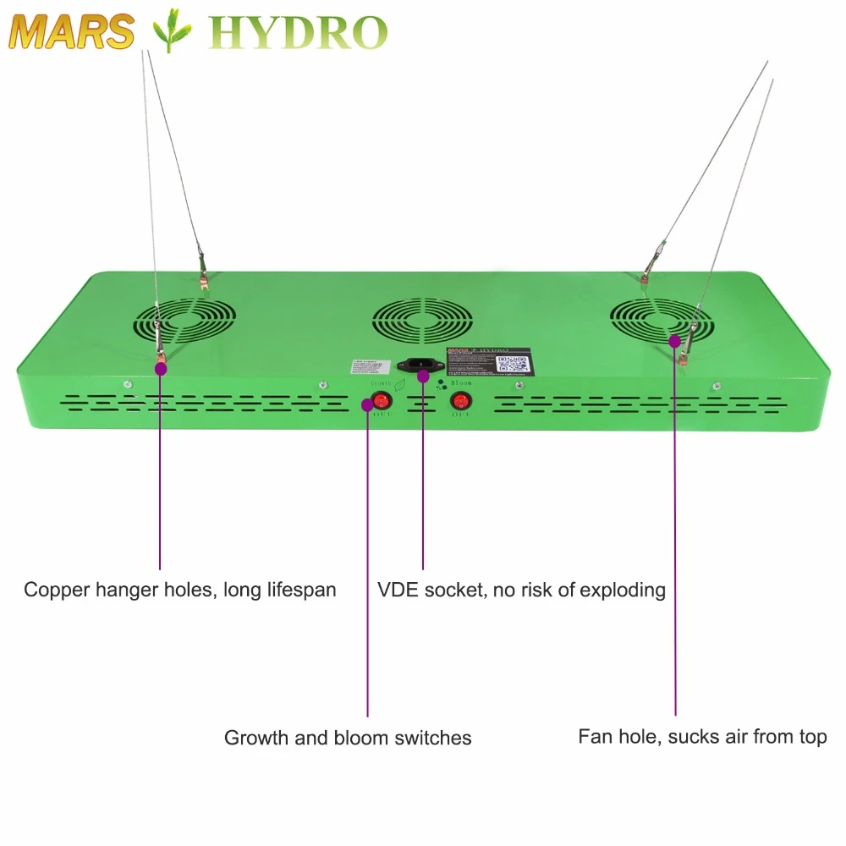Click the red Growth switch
pos(382,399)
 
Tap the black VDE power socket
pos(423,365)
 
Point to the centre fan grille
pos(423,320)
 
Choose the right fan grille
pos(660,321)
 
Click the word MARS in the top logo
pos(72,31)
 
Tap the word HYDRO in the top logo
pos(298,32)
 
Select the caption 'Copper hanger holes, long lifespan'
pos(179,590)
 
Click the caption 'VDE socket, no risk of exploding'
pos(521,590)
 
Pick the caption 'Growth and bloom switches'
pos(348,738)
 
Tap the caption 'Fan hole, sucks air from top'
pos(702,737)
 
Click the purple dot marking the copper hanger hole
pos(159,366)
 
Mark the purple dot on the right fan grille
pos(674,340)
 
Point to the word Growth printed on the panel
pos(380,383)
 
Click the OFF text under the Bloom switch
pos(460,415)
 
